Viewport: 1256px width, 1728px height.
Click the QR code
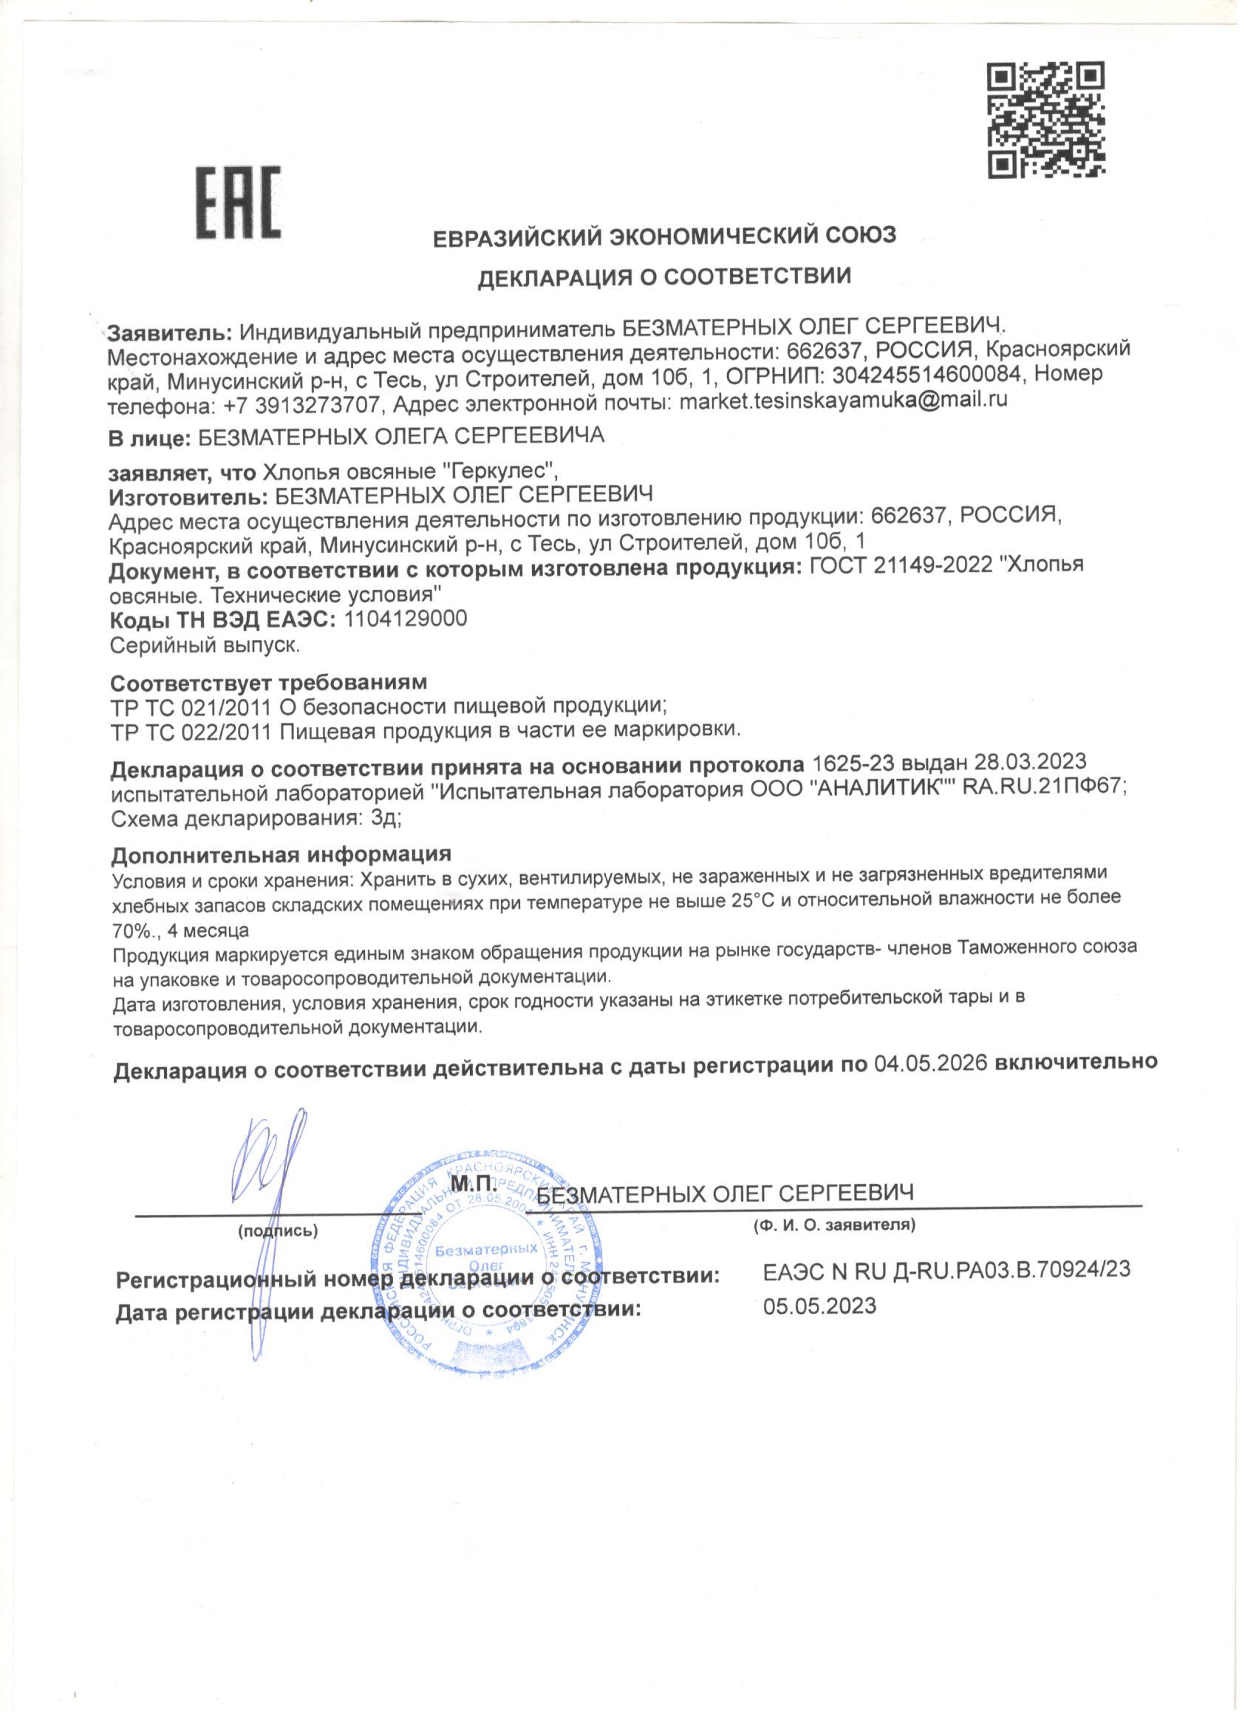[1046, 121]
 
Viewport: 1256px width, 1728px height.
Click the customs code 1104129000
[405, 619]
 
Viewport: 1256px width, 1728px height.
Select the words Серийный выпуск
[205, 646]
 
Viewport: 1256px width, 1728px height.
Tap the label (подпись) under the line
[277, 1231]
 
